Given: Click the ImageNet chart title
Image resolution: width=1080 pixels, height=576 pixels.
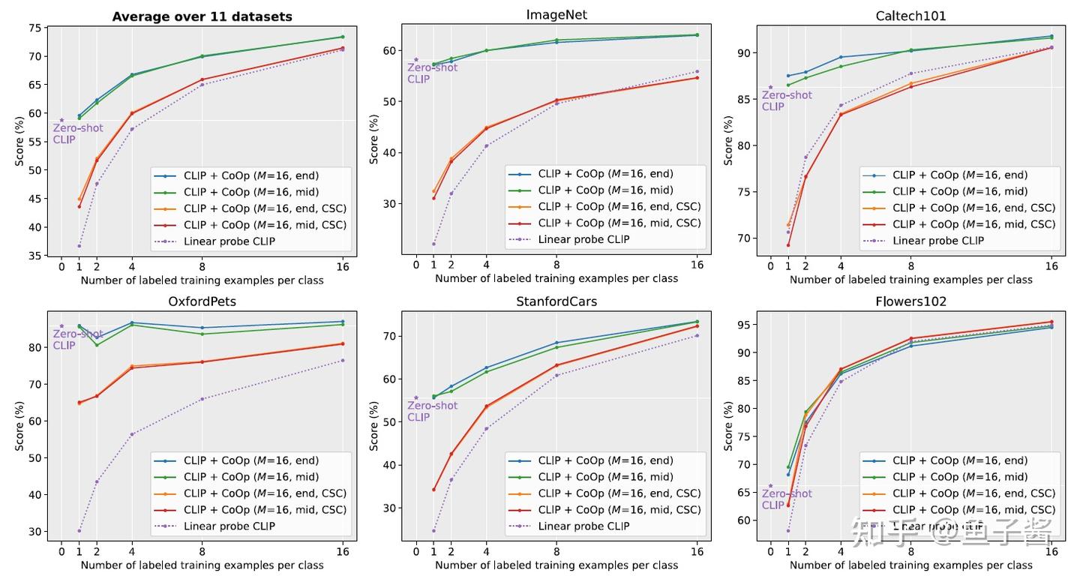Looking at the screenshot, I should pyautogui.click(x=556, y=14).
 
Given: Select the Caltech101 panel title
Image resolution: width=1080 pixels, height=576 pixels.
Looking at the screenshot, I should pyautogui.click(x=910, y=15).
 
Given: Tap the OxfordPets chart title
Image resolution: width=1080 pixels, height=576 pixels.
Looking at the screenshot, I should pyautogui.click(x=202, y=301).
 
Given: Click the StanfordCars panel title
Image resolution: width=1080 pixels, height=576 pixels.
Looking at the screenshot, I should pyautogui.click(x=556, y=301).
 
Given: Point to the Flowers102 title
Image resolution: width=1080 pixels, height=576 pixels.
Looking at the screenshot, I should pyautogui.click(x=910, y=301).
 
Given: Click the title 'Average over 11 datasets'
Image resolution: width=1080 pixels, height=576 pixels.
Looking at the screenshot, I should pyautogui.click(x=202, y=16).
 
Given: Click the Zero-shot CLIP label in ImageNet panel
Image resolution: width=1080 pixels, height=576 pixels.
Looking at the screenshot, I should pyautogui.click(x=432, y=73).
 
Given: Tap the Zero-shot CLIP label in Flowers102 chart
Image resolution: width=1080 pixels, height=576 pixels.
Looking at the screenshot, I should pyautogui.click(x=787, y=499).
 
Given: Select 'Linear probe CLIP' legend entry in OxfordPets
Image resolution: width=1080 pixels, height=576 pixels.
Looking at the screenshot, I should pyautogui.click(x=229, y=526).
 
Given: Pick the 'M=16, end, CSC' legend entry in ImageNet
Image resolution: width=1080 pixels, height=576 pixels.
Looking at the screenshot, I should pyautogui.click(x=619, y=206).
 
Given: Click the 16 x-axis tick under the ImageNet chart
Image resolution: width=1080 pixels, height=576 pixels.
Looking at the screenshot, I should pyautogui.click(x=697, y=264).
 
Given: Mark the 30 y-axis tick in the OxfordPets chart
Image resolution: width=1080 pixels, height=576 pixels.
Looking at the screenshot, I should pyautogui.click(x=34, y=531).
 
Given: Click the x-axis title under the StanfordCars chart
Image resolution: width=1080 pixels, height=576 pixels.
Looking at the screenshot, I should pyautogui.click(x=556, y=565).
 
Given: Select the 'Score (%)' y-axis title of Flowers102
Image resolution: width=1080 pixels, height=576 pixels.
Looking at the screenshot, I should pyautogui.click(x=728, y=425).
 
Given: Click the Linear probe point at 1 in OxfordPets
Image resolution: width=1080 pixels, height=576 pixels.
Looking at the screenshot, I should pyautogui.click(x=79, y=531).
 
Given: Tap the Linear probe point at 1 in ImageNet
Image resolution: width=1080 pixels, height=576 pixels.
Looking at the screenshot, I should pyautogui.click(x=433, y=244).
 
